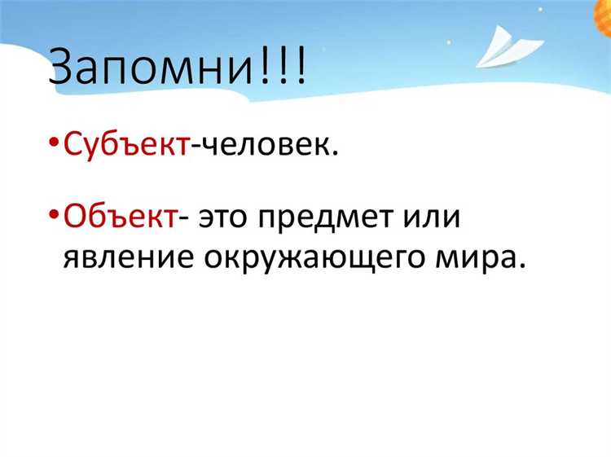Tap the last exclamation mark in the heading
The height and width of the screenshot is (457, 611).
(x=301, y=67)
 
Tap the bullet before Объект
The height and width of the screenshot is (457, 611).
(x=54, y=217)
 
